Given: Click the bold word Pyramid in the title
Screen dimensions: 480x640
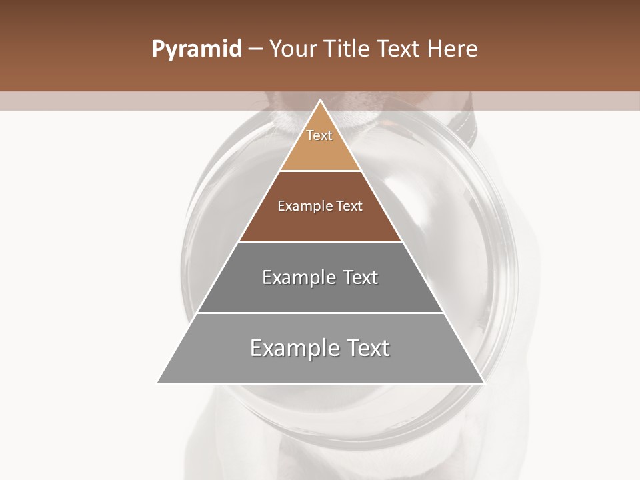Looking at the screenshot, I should point(196,49).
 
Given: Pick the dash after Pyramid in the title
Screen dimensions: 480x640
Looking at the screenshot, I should point(255,49).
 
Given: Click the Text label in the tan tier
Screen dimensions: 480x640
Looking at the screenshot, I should point(319,135).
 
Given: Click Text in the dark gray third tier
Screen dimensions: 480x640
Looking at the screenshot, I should point(361,277).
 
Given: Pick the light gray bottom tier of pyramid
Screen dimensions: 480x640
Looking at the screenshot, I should point(320,367).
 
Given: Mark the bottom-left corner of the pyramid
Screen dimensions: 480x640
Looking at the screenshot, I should point(158,383).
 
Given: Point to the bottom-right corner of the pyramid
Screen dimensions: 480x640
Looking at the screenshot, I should point(483,383).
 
